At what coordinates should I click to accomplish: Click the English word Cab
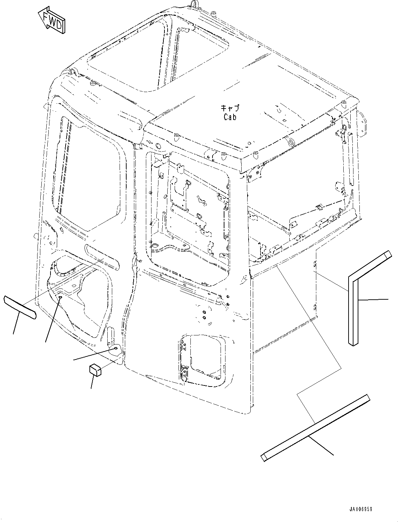230,117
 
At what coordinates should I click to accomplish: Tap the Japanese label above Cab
230,108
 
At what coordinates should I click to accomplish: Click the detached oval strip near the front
20,308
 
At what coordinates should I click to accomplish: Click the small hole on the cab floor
60,297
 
